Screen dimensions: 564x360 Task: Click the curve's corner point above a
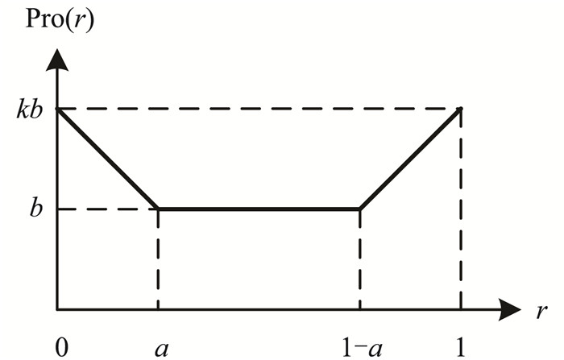158,209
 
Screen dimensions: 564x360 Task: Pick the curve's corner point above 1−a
359,209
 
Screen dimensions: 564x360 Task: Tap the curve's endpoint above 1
460,108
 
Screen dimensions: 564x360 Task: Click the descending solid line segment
107,159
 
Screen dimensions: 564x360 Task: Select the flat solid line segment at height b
259,209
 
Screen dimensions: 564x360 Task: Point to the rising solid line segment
409,159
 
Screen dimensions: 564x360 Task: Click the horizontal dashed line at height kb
258,108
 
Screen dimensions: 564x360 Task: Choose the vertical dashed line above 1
460,209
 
